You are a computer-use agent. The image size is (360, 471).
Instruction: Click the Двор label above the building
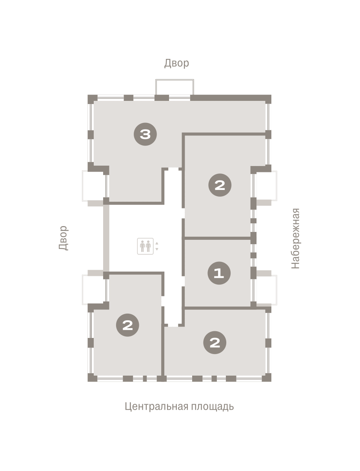(176, 63)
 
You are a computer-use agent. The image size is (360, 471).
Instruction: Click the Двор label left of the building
(64, 238)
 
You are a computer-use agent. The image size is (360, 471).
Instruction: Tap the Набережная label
(295, 238)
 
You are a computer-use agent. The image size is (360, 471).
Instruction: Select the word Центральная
(156, 406)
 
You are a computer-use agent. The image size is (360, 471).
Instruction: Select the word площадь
(212, 406)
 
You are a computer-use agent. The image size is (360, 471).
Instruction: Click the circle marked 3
(145, 134)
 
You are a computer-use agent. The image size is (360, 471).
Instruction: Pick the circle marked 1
(219, 273)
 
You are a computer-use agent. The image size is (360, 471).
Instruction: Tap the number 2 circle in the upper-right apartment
(220, 185)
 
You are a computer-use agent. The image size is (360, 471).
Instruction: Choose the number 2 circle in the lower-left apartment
(127, 325)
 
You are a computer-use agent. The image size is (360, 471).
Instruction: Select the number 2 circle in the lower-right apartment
(215, 343)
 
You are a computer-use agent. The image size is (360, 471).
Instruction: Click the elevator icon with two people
(145, 246)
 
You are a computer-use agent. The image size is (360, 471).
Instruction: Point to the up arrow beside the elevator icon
(157, 243)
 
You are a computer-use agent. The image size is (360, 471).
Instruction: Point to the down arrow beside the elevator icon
(157, 249)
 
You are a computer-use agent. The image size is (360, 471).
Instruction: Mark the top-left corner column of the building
(93, 99)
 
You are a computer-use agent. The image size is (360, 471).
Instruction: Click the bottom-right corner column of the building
(267, 377)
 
